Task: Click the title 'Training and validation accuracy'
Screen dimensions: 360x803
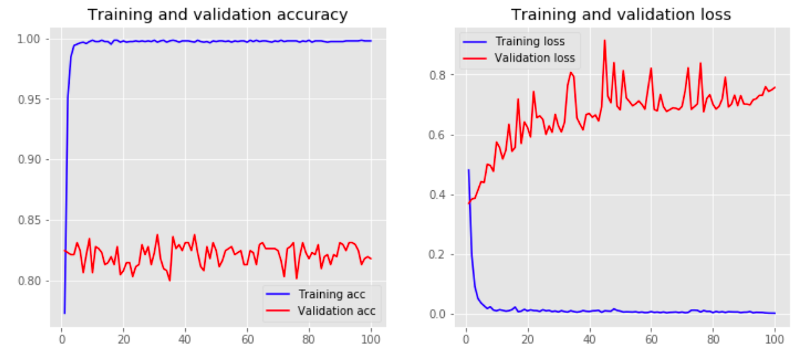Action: pyautogui.click(x=218, y=14)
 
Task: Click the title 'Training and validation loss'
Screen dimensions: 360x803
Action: pyautogui.click(x=621, y=14)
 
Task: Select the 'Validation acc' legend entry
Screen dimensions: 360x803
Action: pyautogui.click(x=336, y=311)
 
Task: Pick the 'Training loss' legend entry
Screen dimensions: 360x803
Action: pyautogui.click(x=529, y=42)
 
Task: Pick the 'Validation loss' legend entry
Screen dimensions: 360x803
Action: pyautogui.click(x=534, y=58)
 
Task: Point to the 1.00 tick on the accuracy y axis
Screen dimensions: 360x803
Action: pyautogui.click(x=32, y=39)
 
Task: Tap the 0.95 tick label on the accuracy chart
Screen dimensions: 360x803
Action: pyautogui.click(x=32, y=99)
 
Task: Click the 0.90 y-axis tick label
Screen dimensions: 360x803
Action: pyautogui.click(x=32, y=160)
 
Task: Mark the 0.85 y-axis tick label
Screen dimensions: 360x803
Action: pyautogui.click(x=32, y=221)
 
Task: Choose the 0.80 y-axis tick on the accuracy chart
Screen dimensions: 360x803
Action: pyautogui.click(x=32, y=281)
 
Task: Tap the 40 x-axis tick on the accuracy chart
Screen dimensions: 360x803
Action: pyautogui.click(x=185, y=337)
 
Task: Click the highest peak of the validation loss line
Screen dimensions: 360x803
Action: pyautogui.click(x=605, y=41)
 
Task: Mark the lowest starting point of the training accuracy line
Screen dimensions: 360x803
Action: pyautogui.click(x=65, y=314)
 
